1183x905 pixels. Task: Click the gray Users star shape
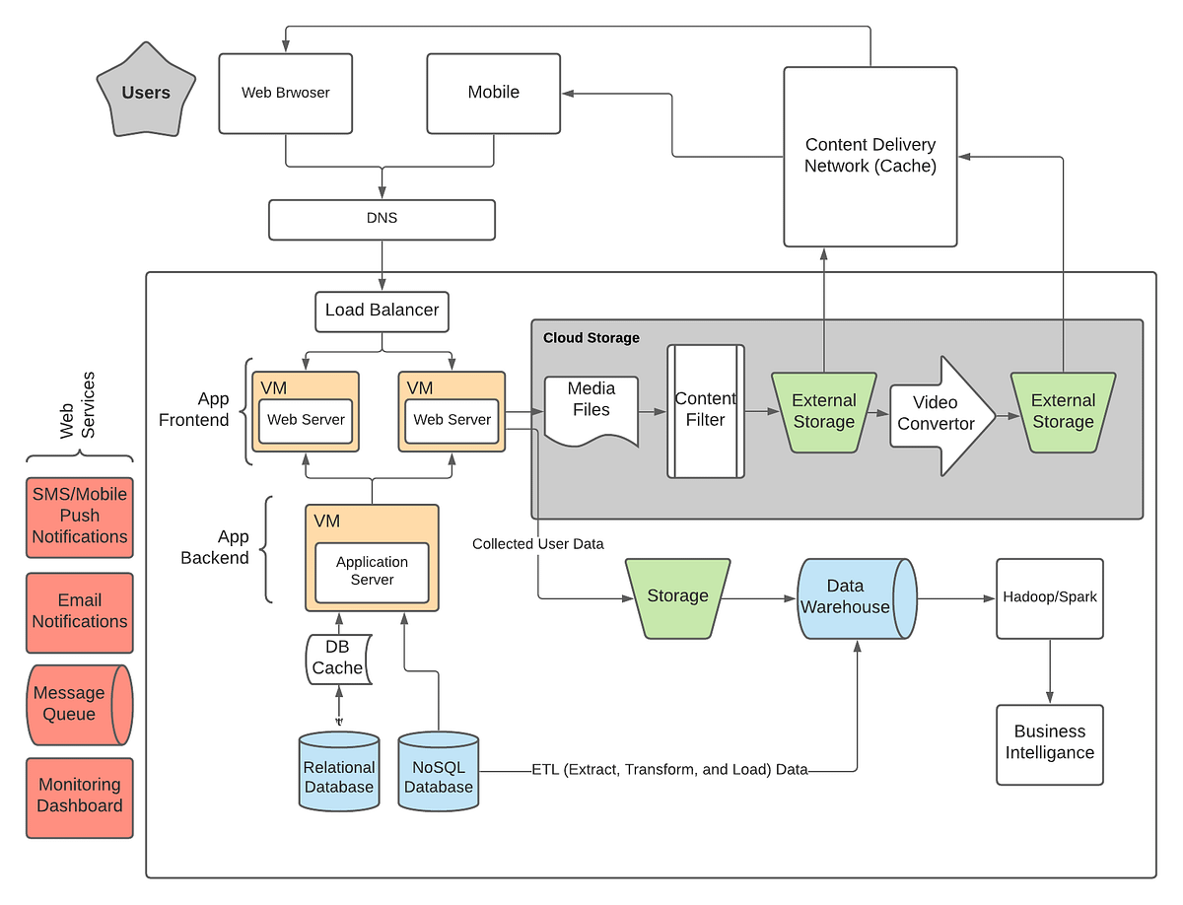coord(146,93)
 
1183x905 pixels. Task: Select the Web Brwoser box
coord(285,94)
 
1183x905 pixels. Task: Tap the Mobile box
coord(493,93)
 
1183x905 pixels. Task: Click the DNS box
coord(382,219)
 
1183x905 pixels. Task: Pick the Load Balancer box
coord(382,311)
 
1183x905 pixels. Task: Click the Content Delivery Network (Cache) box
coord(870,157)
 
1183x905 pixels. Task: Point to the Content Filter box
coord(705,410)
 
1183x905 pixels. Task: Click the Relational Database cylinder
coord(339,772)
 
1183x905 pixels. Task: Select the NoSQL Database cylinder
coord(439,772)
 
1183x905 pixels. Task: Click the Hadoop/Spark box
coord(1049,598)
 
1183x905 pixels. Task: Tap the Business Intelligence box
coord(1049,743)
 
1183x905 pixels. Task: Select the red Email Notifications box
coord(80,612)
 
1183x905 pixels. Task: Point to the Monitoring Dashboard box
coord(80,797)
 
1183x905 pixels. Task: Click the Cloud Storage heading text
coord(591,338)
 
